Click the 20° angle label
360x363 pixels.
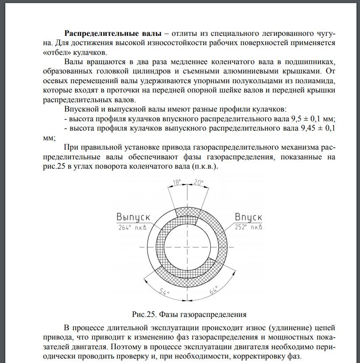198,182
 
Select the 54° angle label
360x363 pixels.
165,293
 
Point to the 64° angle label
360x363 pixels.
214,292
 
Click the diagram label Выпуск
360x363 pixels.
133,217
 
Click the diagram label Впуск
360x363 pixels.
248,217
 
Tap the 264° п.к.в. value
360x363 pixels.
133,227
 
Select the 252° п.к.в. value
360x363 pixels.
249,227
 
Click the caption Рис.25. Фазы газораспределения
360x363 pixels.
189,315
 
